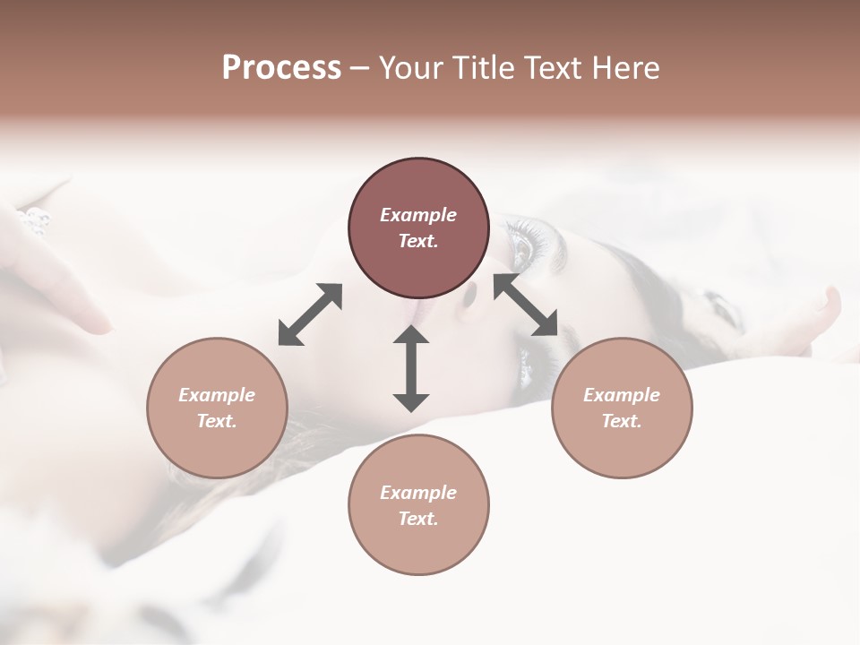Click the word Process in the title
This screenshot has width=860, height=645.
(x=281, y=68)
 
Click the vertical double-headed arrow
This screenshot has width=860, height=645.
(x=411, y=368)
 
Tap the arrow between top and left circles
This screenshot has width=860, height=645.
(x=310, y=314)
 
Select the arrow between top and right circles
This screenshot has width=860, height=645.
(x=525, y=305)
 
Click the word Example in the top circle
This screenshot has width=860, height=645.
(x=418, y=215)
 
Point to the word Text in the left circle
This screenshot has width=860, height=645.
(x=217, y=421)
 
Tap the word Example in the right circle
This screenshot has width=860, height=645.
(x=622, y=395)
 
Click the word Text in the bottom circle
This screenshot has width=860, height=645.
(x=418, y=519)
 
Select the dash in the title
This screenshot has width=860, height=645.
(x=360, y=68)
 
